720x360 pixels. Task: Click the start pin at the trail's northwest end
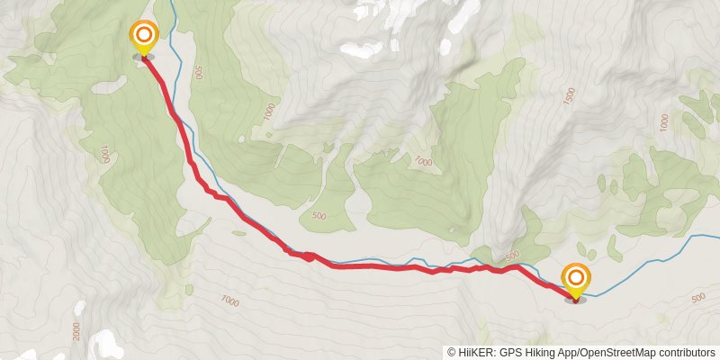tap(143, 38)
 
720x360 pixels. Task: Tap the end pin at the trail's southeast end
tap(575, 280)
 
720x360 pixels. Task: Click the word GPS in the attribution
tap(509, 353)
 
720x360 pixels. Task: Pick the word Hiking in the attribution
tap(540, 353)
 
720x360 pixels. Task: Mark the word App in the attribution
tap(570, 353)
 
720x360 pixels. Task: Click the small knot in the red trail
tap(308, 256)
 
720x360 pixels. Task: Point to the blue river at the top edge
tap(168, 3)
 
